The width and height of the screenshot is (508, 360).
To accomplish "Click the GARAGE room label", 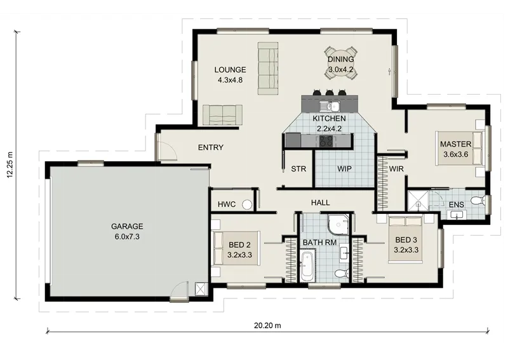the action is pos(127,226).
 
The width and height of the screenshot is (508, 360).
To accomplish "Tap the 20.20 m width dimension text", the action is pos(267,325).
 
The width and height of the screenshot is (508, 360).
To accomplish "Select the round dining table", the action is pos(341,63).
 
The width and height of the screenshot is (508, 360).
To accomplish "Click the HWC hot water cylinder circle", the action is pos(247,204).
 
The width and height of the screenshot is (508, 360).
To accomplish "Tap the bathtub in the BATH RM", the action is pos(307,265).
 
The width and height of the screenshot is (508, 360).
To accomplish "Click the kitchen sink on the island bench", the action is pos(329,106).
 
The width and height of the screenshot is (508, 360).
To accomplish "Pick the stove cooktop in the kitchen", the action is pos(326,141).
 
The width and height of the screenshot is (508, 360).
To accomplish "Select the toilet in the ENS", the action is pos(478,200).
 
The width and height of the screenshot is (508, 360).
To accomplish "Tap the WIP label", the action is pos(344,169).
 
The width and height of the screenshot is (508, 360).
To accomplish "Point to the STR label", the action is pos(298,169).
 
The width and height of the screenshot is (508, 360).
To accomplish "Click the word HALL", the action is pos(321,203).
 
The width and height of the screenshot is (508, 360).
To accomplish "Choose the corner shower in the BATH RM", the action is pos(338,223).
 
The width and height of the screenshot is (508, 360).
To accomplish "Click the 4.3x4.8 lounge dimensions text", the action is pos(230,80).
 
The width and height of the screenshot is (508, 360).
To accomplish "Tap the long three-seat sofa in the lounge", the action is pos(268,69).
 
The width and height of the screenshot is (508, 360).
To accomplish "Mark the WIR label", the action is pos(396,169).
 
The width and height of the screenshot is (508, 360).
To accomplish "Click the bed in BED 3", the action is pos(406,239).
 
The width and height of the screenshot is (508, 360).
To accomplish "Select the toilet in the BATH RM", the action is pos(342,273).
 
